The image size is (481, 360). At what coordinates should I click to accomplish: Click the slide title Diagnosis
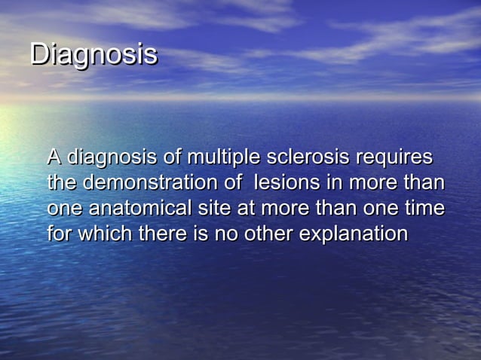click(93, 55)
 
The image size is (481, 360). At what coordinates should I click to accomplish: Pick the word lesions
click(287, 183)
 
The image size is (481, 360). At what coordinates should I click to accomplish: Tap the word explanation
click(354, 234)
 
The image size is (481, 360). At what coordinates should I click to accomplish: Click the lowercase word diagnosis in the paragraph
click(112, 159)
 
